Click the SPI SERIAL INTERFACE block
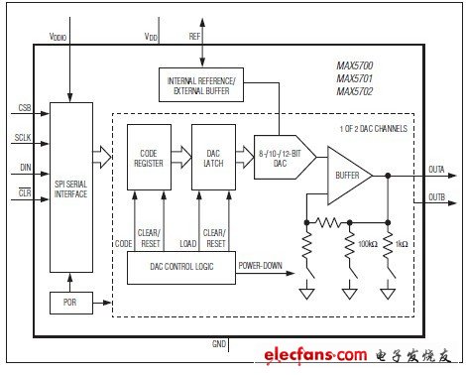(71, 187)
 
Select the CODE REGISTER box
(149, 157)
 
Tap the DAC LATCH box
(213, 157)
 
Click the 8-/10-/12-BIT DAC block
(285, 158)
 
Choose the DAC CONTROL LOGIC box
(181, 267)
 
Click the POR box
(71, 303)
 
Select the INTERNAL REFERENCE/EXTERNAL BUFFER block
(201, 85)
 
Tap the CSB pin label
(25, 108)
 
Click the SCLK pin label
(23, 138)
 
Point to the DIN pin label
(26, 168)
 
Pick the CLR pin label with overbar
(25, 192)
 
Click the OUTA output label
(436, 170)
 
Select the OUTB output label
(436, 197)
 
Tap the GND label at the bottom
(219, 344)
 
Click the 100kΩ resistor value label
(368, 244)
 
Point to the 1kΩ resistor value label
(402, 244)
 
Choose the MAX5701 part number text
(355, 78)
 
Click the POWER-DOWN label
(261, 266)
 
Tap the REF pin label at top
(194, 36)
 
